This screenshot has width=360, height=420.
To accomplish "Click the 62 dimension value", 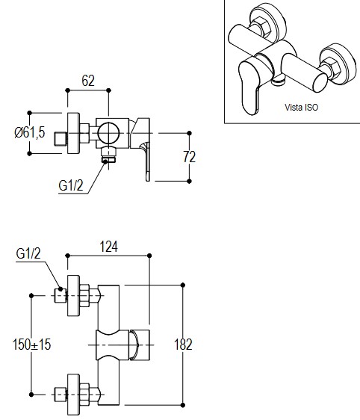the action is [x=88, y=81].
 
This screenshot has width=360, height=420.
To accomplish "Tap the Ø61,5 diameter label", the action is [x=30, y=132].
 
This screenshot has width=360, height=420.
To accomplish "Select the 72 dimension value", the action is [x=189, y=157].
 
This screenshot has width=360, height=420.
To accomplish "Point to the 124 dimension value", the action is [x=108, y=247].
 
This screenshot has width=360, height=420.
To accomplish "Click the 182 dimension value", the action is [x=183, y=345].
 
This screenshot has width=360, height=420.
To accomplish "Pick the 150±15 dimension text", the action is [x=31, y=345].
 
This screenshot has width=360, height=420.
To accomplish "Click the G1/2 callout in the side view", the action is [x=71, y=185].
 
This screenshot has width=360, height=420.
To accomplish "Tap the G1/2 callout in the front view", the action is [x=28, y=253].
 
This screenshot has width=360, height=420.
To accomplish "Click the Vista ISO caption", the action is [x=302, y=108].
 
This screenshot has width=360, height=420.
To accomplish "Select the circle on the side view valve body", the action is [x=108, y=133].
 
